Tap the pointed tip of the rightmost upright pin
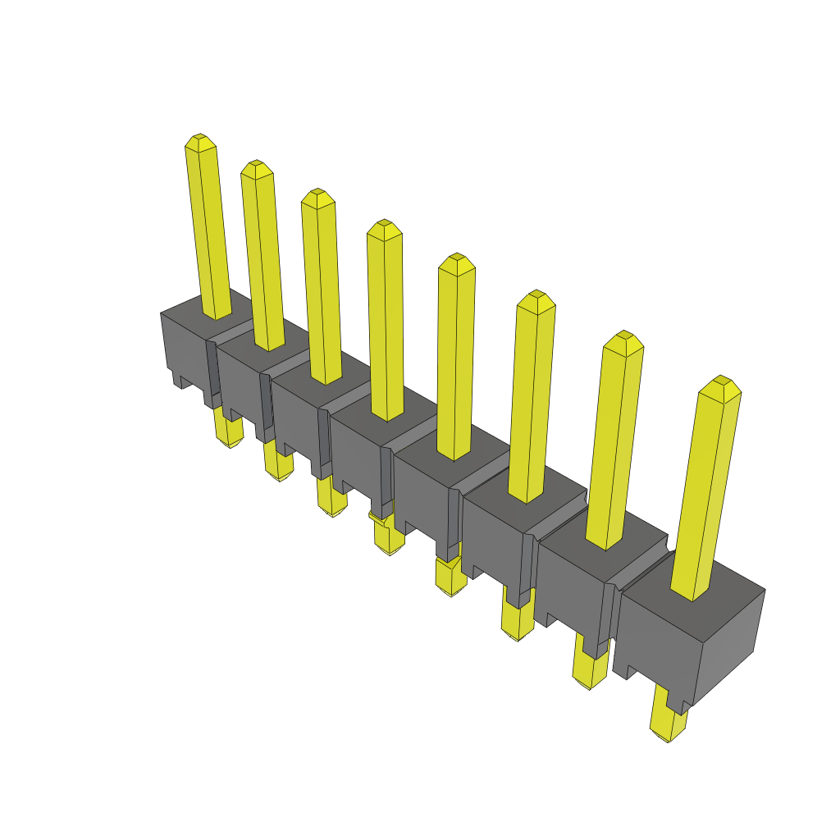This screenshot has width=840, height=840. pos(720,385)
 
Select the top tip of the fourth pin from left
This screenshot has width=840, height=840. pos(384,227)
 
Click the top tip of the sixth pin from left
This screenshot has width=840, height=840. pos(536,298)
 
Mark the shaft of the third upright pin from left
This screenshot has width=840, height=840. pos(321,287)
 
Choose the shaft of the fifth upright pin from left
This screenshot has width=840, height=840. pos(455,361)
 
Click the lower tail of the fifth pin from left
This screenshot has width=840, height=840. pos(450,578)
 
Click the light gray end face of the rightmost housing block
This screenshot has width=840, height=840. pos(730,640)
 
